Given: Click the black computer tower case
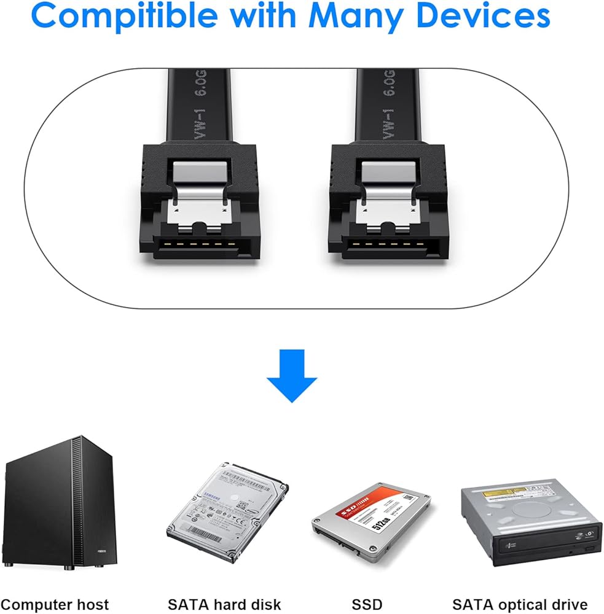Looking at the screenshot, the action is (x=58, y=503).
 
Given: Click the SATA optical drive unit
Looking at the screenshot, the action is (x=531, y=522).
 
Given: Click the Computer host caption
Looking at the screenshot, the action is (x=55, y=604).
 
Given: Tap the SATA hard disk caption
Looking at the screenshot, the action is (x=224, y=604).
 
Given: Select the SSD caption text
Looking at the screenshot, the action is (x=367, y=604).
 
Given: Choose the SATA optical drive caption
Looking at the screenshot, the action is (x=520, y=604).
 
